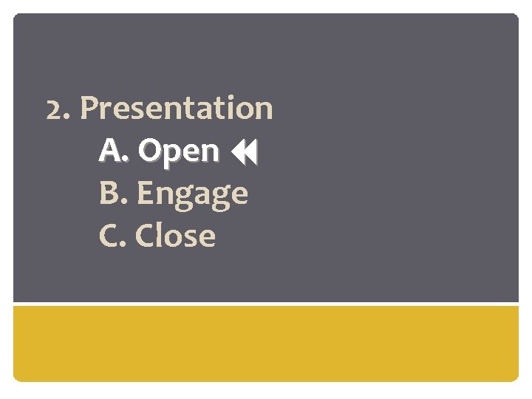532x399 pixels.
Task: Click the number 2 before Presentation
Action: point(52,109)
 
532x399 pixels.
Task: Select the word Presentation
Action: point(177,109)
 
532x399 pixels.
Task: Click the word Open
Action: point(178,151)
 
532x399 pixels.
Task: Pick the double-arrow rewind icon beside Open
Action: point(243,153)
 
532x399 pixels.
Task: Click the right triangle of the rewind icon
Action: point(250,153)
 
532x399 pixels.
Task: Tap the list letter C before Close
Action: point(109,236)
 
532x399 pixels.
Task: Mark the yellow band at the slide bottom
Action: point(266,343)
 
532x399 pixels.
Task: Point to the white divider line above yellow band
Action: point(266,303)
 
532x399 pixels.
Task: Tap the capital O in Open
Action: point(149,151)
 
